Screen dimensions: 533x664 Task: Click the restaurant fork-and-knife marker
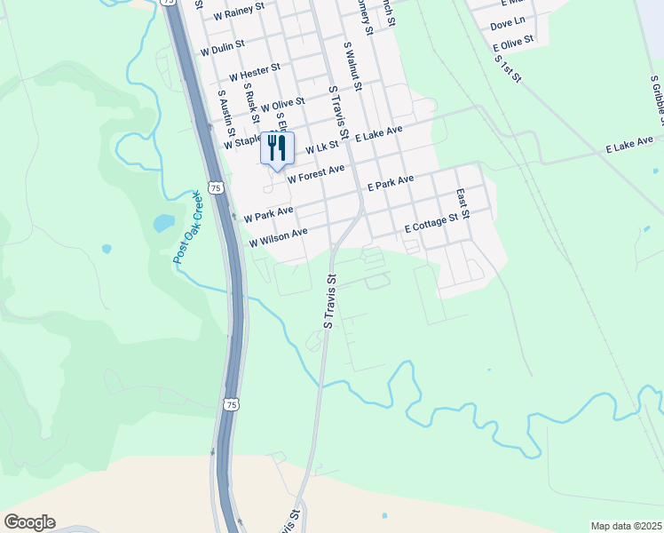click(x=277, y=147)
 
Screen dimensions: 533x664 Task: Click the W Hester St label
click(x=254, y=70)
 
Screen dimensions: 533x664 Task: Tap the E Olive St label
click(x=513, y=43)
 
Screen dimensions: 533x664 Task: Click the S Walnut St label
click(x=352, y=65)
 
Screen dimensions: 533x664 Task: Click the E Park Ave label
click(x=391, y=184)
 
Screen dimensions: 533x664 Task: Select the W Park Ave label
click(x=268, y=215)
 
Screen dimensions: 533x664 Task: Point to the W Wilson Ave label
click(x=278, y=237)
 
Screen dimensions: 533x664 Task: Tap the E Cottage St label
click(x=436, y=223)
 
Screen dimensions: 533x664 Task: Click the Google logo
click(x=29, y=522)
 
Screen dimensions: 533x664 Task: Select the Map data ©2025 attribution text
click(x=625, y=526)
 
